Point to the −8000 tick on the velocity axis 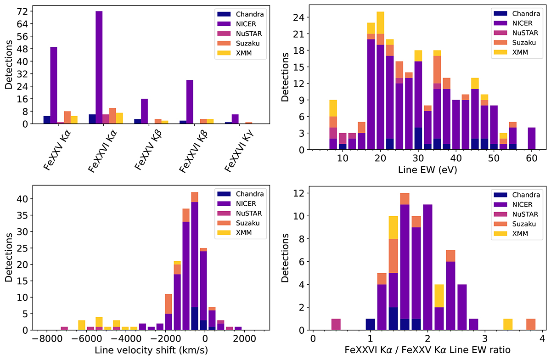[45, 339]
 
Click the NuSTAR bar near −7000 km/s [64, 328]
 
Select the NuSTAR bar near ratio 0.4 [336, 324]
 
